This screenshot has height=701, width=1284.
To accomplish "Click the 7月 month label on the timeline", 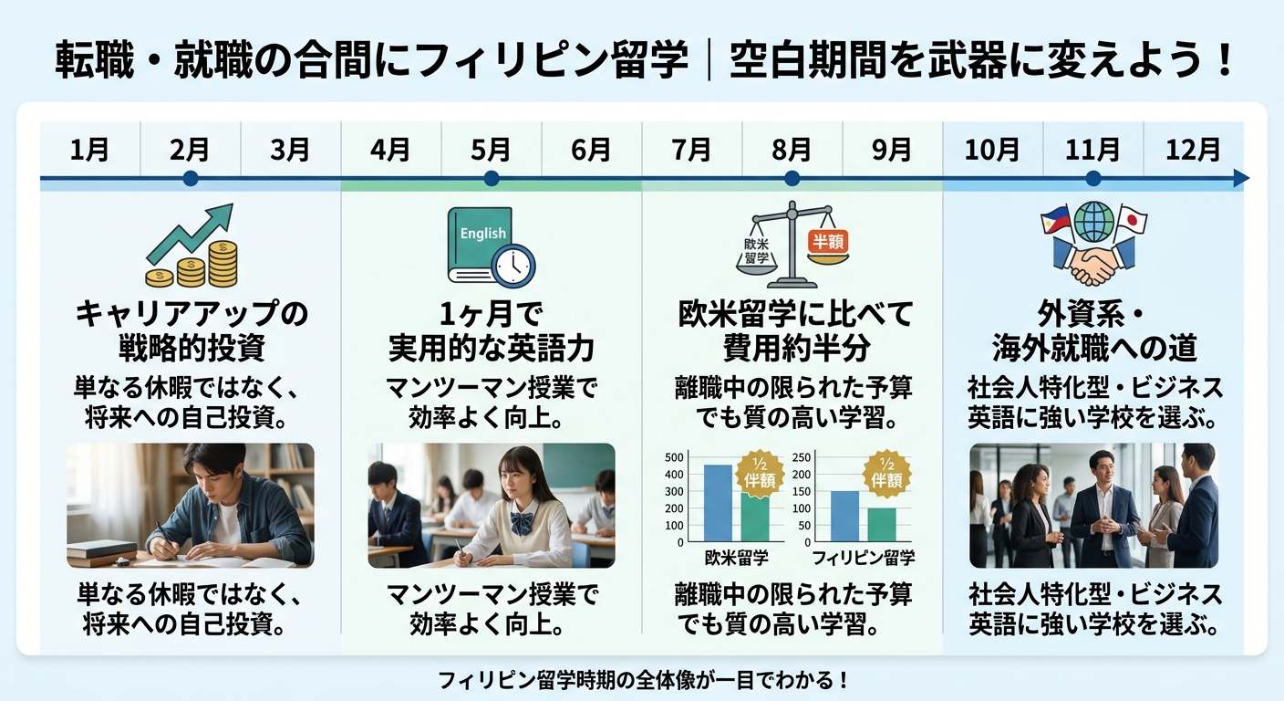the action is click(691, 150).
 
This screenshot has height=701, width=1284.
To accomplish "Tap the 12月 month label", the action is click(1193, 150).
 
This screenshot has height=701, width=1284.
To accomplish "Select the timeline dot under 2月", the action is click(191, 178).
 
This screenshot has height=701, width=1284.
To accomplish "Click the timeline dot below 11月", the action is click(1093, 178).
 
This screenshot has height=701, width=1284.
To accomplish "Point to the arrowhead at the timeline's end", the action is click(1241, 178).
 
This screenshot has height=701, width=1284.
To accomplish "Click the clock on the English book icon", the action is click(513, 266).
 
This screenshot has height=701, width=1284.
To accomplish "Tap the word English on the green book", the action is click(483, 234).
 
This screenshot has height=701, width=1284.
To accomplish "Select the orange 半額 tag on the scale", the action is click(828, 242).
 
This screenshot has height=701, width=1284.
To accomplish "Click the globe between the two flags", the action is click(1094, 222).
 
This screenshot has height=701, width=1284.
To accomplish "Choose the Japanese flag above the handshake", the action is click(1131, 219).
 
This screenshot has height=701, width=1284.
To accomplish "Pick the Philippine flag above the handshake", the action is click(1056, 221).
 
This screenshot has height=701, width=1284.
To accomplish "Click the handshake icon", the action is click(1093, 261).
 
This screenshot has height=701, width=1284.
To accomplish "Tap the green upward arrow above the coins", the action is click(190, 234).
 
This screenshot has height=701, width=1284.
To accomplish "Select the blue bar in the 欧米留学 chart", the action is click(718, 503).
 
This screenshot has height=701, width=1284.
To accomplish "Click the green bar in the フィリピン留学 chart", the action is click(882, 525).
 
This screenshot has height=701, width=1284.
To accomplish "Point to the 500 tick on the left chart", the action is click(674, 457).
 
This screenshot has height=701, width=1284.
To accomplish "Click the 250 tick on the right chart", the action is click(802, 457).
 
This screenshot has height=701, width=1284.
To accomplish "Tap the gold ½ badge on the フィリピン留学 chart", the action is click(886, 473).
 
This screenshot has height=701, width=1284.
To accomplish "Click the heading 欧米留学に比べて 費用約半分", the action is click(796, 330).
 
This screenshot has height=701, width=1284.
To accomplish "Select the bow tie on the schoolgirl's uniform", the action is click(522, 524).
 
